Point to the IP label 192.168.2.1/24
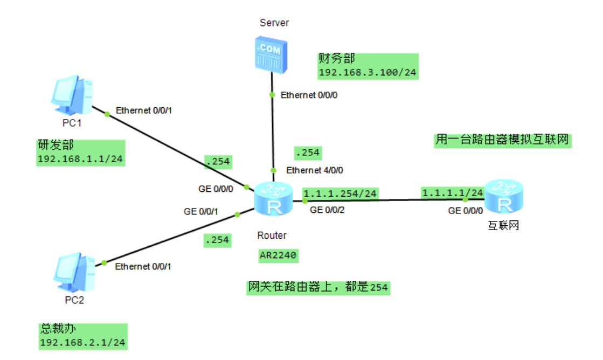coord(82,342)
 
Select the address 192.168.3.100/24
coord(368,73)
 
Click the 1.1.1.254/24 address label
coord(340,193)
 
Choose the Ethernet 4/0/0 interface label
coord(315,170)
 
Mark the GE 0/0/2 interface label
coord(328,210)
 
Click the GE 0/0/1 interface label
coord(200,212)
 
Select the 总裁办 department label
coord(56,328)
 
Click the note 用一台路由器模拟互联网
coord(502,140)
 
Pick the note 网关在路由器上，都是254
coord(317,288)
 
